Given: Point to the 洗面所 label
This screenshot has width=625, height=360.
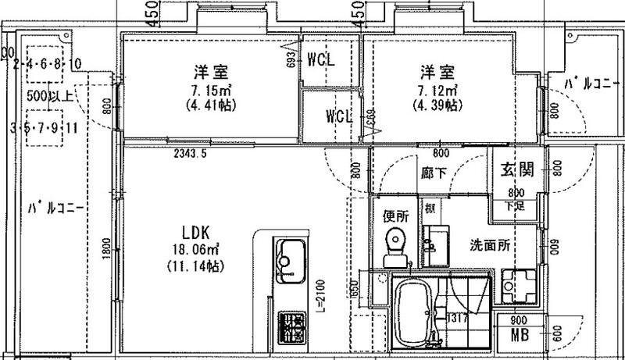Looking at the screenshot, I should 491,244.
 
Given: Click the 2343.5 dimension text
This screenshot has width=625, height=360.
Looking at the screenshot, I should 190,154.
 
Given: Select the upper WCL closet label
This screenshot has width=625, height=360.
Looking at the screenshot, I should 321,60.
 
